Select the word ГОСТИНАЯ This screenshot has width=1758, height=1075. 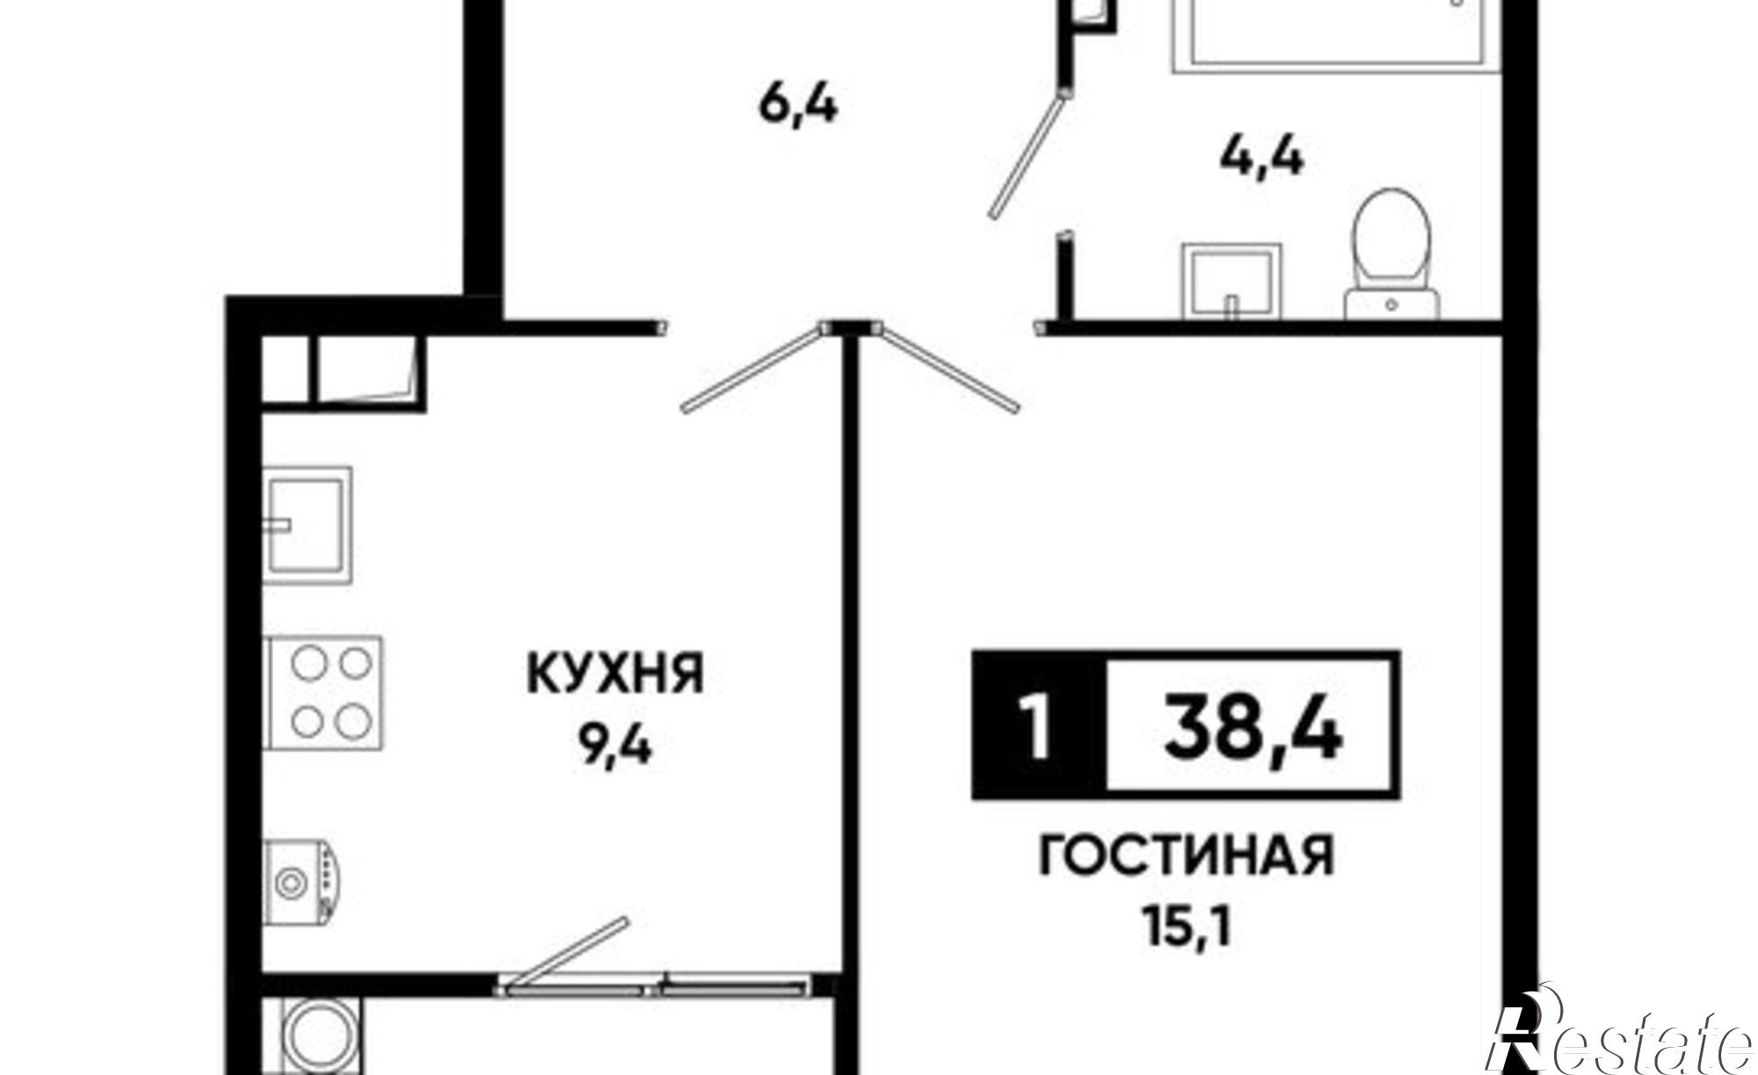pyautogui.click(x=1186, y=856)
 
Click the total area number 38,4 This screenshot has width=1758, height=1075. pyautogui.click(x=1253, y=726)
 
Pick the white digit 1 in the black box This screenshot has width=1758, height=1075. pyautogui.click(x=1038, y=727)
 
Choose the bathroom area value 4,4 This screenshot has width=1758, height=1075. pyautogui.click(x=1261, y=161)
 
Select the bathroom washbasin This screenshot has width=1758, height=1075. pyautogui.click(x=1231, y=280)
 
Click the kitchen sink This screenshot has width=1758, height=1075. pyautogui.click(x=308, y=525)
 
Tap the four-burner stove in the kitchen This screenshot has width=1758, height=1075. pyautogui.click(x=324, y=693)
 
